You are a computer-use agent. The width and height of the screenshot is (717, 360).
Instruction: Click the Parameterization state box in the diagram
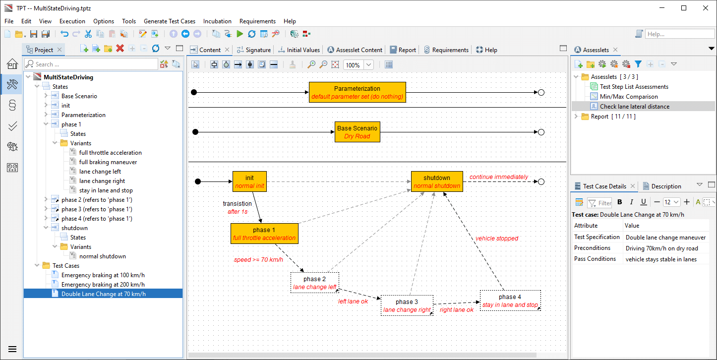[357, 92]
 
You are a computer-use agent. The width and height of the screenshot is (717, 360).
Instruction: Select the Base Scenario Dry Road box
[357, 132]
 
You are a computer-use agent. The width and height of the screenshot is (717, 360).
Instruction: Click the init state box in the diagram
[249, 181]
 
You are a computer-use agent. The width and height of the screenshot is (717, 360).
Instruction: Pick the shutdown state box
[436, 181]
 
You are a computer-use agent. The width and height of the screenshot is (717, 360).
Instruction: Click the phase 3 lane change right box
[407, 305]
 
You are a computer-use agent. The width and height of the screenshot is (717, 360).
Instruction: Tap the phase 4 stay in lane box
[510, 300]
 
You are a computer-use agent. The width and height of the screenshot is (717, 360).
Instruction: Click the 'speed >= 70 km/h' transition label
[258, 259]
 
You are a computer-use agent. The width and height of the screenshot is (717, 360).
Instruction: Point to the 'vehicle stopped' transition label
[496, 239]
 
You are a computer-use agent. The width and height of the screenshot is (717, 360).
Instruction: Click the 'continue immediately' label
[498, 177]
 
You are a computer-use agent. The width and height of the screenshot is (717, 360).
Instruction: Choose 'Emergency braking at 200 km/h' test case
[103, 285]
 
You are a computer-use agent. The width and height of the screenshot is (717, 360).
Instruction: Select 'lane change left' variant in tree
[100, 172]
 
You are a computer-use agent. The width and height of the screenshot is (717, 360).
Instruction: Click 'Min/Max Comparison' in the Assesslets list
[628, 97]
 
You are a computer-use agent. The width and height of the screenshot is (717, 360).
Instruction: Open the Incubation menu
[217, 21]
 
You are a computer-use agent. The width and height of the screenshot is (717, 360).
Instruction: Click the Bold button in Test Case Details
[619, 202]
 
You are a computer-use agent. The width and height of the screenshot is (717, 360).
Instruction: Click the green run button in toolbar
[239, 34]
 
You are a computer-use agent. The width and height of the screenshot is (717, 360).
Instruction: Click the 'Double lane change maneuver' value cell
[665, 238]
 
